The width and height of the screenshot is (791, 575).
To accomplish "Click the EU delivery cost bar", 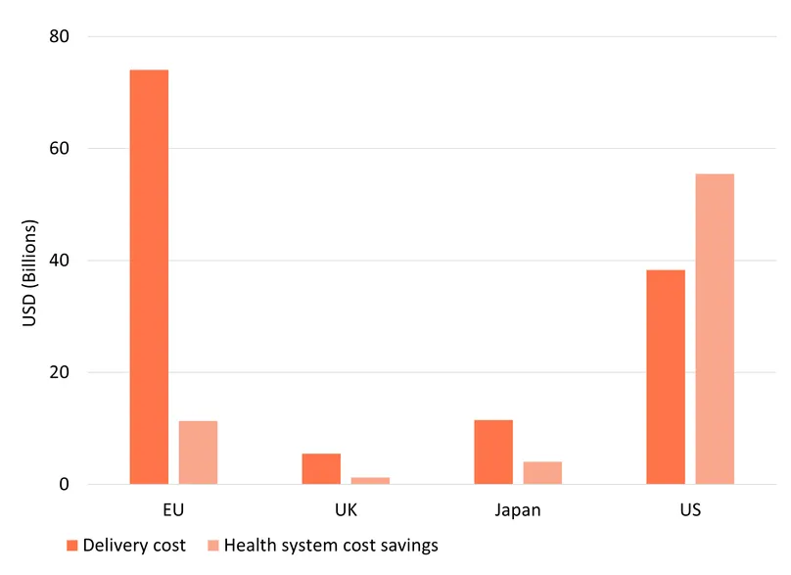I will point(149,277).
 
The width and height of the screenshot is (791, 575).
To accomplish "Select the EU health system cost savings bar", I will point(198,453).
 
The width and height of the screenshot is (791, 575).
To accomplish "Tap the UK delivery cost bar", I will point(321,469).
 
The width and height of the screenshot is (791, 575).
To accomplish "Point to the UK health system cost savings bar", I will point(370,481).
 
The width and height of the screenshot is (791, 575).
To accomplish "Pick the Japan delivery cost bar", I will point(493,453).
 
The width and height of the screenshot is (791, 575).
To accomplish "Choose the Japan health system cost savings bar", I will point(542,473).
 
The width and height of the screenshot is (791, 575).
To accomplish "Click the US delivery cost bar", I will point(666,377).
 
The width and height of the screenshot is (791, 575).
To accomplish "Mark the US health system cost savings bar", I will point(715,329).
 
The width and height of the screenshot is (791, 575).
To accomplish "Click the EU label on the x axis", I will point(173,510).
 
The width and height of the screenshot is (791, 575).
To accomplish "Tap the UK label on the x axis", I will point(346,510).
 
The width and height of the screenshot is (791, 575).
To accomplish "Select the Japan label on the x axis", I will point(518,510).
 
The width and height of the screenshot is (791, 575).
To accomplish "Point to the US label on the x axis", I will point(690,510).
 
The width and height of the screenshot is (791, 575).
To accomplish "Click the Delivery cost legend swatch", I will point(71,546).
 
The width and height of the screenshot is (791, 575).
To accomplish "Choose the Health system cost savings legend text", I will point(331,546).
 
